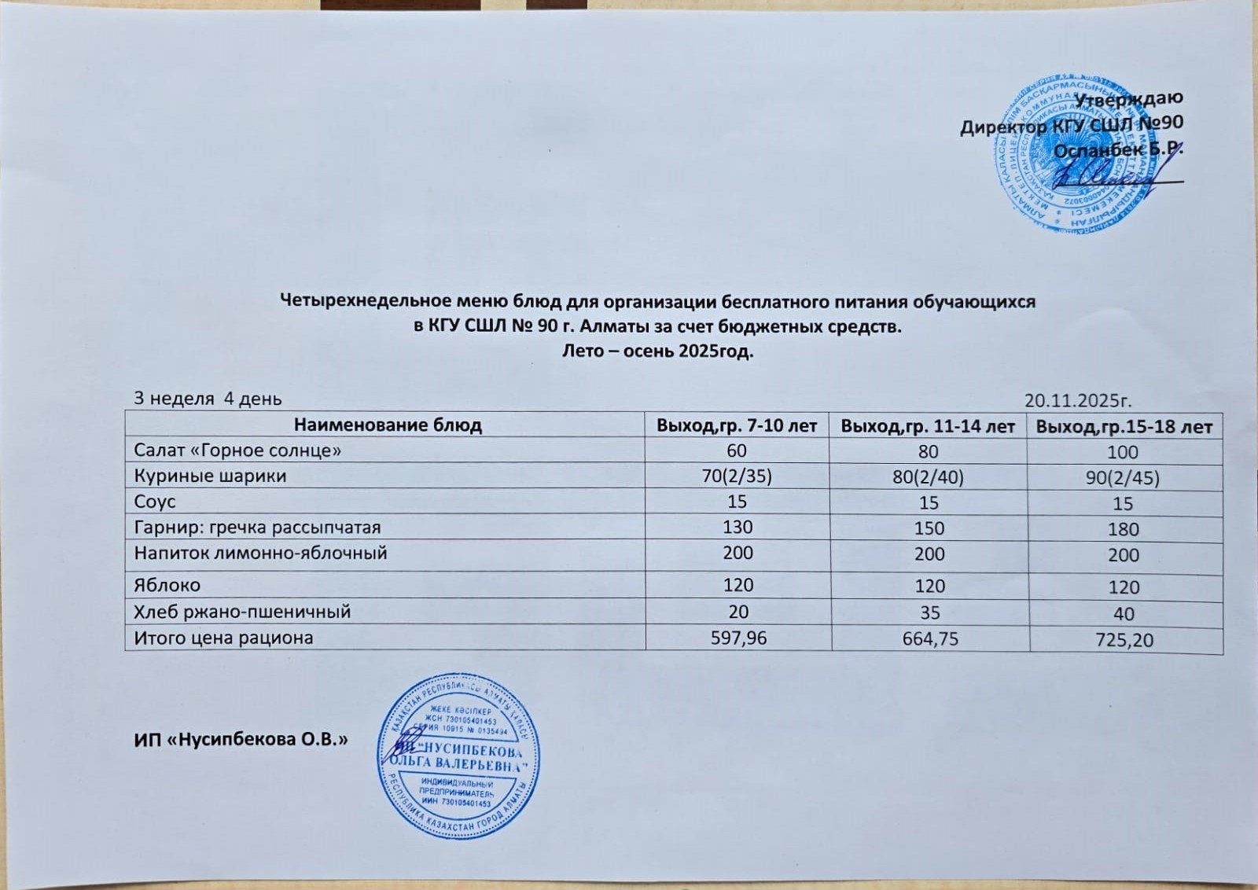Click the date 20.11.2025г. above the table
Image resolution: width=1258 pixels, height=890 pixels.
pyautogui.click(x=1078, y=401)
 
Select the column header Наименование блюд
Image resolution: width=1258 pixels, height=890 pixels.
pyautogui.click(x=388, y=425)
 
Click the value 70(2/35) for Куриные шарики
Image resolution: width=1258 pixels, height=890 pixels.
pyautogui.click(x=737, y=476)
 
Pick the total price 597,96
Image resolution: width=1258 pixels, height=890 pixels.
pyautogui.click(x=738, y=638)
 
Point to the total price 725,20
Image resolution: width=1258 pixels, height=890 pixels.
pyautogui.click(x=1124, y=641)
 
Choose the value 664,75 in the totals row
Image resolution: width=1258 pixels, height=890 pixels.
pyautogui.click(x=929, y=639)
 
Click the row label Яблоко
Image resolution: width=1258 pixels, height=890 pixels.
pyautogui.click(x=167, y=585)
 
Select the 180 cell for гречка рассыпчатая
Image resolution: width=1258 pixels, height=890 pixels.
pyautogui.click(x=1123, y=530)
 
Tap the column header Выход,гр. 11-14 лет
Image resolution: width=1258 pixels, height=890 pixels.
pyautogui.click(x=928, y=426)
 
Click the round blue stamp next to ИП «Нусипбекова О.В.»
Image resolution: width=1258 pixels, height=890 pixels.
pyautogui.click(x=458, y=756)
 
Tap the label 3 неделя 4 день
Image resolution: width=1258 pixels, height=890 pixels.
pyautogui.click(x=208, y=399)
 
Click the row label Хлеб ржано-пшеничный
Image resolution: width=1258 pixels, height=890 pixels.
pyautogui.click(x=242, y=612)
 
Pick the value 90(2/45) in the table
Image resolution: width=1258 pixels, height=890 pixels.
pyautogui.click(x=1124, y=478)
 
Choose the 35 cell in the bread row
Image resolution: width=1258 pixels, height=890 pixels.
pyautogui.click(x=929, y=612)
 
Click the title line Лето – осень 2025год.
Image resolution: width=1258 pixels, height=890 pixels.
pyautogui.click(x=657, y=351)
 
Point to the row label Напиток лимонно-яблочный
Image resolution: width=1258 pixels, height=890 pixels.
pyautogui.click(x=260, y=553)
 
